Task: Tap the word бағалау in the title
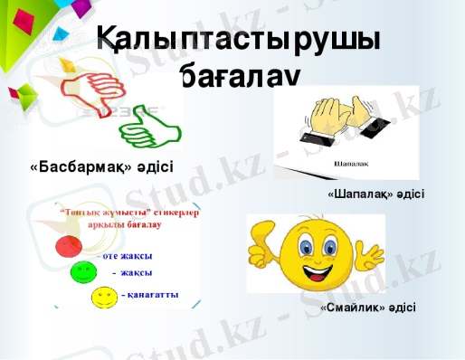[236, 81]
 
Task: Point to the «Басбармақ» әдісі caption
[101, 167]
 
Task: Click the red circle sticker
[68, 245]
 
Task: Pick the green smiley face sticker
[81, 270]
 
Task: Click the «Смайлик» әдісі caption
[368, 308]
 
